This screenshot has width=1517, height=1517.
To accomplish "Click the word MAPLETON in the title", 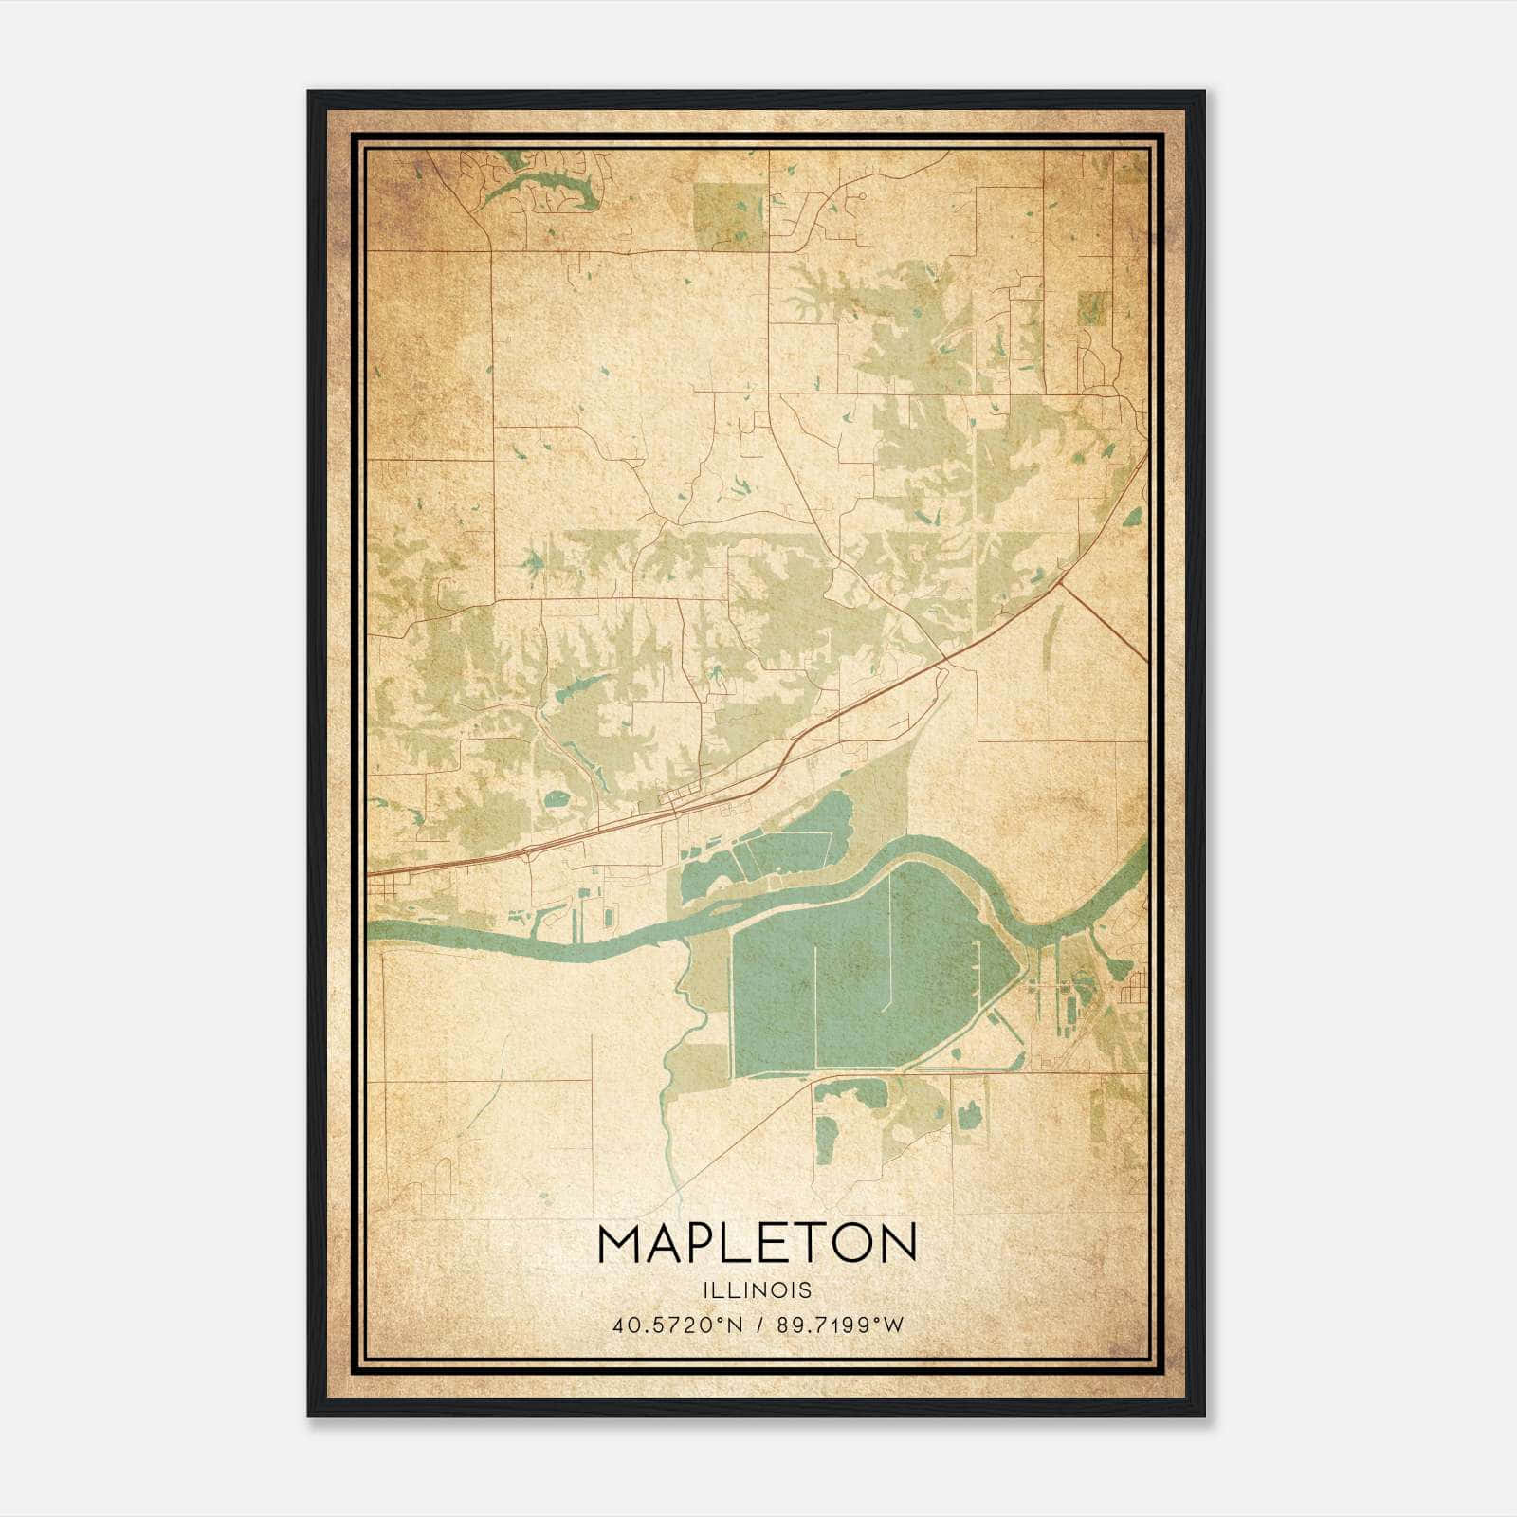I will pos(758,1243).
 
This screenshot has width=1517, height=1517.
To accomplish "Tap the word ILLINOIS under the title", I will pos(758,1289).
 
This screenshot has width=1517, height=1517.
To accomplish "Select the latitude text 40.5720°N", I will pos(677,1325).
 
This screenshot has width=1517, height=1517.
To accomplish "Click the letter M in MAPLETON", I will pos(621,1243).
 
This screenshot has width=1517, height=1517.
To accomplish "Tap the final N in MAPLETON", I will pos(897,1243).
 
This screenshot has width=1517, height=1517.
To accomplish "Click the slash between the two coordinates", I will pos(760,1325).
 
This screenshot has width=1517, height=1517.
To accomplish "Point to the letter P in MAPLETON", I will pos(702,1243).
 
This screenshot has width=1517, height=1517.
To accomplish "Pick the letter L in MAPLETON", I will pos(738,1243).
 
